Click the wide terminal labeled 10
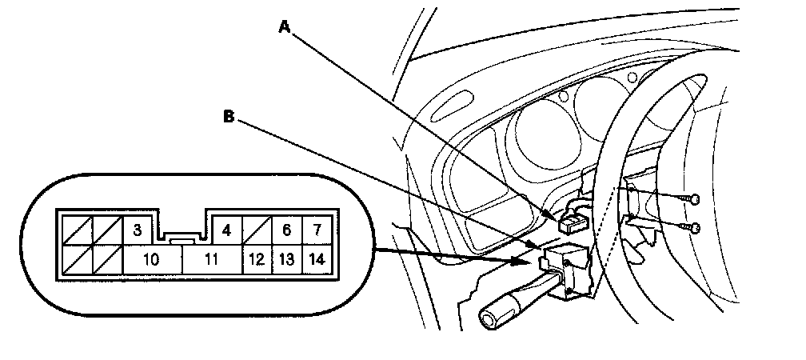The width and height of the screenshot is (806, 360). (x=151, y=259)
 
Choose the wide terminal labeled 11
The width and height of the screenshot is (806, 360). (x=212, y=259)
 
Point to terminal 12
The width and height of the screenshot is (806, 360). (x=257, y=259)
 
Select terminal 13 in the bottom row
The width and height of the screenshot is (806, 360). (x=286, y=259)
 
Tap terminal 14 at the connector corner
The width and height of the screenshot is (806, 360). (x=317, y=259)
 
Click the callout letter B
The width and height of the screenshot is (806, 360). (x=228, y=117)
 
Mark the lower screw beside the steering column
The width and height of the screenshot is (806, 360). (x=695, y=229)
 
